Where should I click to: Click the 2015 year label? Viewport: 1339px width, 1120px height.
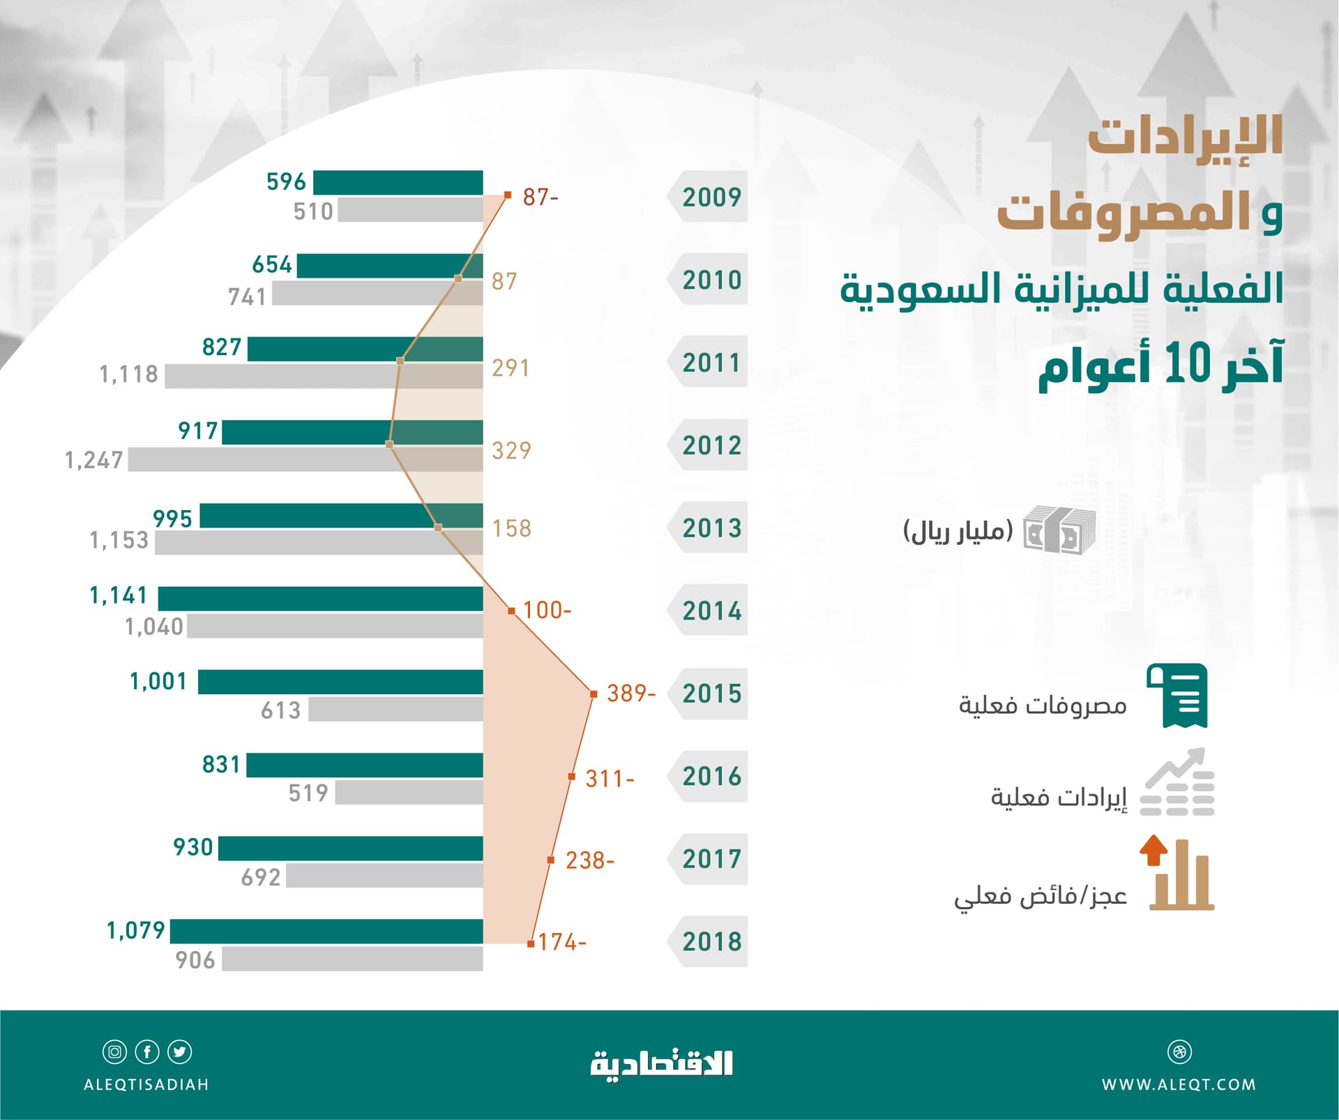(711, 694)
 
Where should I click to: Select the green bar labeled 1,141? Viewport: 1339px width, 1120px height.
(321, 599)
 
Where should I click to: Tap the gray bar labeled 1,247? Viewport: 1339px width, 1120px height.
(305, 459)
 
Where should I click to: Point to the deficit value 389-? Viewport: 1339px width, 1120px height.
(630, 693)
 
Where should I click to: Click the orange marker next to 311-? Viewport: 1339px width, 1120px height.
(572, 776)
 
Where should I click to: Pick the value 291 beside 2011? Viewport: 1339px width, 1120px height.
(510, 368)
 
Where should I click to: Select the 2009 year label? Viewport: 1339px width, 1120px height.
(711, 197)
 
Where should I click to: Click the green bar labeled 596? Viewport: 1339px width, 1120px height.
(398, 183)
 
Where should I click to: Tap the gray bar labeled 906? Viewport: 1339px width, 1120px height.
(352, 959)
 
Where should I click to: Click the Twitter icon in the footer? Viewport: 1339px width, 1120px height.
(180, 1052)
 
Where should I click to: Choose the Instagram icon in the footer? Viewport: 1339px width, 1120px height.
(114, 1052)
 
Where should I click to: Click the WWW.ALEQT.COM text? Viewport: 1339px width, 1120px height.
(1179, 1084)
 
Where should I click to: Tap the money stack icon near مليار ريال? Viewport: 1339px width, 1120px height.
(1059, 530)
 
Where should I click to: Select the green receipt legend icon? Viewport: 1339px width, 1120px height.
(1177, 695)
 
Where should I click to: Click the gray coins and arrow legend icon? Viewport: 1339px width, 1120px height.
(1177, 783)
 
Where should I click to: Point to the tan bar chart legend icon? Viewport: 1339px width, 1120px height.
(1177, 874)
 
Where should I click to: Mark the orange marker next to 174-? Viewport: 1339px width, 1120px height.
(531, 943)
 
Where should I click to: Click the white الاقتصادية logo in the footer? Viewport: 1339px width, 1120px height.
(661, 1065)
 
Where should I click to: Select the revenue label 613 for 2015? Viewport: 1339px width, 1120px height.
(280, 710)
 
